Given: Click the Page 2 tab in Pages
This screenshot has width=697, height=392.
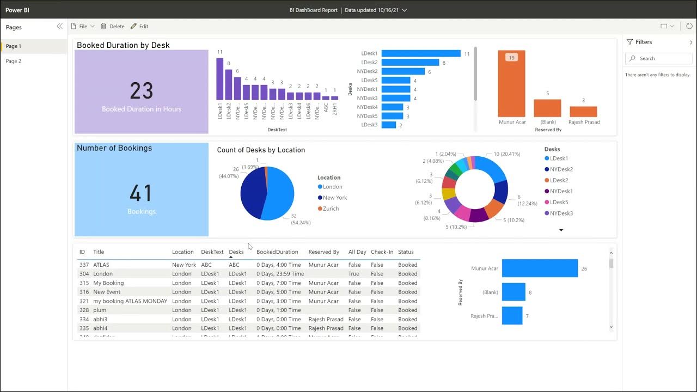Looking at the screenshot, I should [x=14, y=61].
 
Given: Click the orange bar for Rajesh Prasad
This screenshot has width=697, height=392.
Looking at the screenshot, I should [x=583, y=112].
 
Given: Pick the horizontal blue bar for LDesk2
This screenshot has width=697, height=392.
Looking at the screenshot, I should [x=410, y=63].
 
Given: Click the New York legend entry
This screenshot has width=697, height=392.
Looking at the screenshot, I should [x=334, y=198].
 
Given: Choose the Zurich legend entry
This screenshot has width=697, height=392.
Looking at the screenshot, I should [x=331, y=209].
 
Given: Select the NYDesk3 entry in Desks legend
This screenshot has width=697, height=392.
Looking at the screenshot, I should [x=561, y=213].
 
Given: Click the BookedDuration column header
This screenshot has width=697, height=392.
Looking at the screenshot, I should [x=277, y=252].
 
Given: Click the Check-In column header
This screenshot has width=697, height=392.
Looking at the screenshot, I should [x=382, y=252].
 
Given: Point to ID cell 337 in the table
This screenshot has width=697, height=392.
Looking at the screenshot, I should [x=84, y=265].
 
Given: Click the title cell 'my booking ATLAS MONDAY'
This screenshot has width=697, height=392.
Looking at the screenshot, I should [x=130, y=301].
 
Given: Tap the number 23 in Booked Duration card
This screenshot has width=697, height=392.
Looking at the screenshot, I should [x=142, y=91].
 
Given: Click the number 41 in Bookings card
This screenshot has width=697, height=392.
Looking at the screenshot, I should [x=142, y=193].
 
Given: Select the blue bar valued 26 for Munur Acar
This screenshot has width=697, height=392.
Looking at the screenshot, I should [x=540, y=268].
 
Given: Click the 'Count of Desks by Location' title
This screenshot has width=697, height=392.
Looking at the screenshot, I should [x=261, y=150].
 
